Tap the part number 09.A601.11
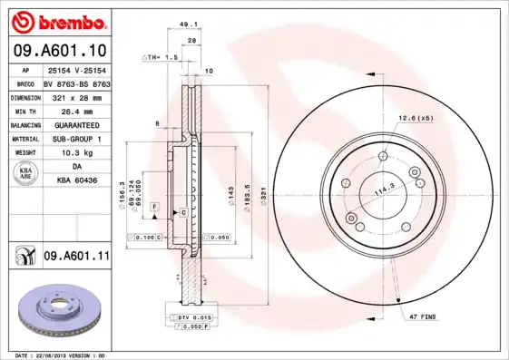[76, 258]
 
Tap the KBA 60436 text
[76, 181]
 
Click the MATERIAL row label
[24, 139]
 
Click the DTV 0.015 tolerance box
[194, 317]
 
